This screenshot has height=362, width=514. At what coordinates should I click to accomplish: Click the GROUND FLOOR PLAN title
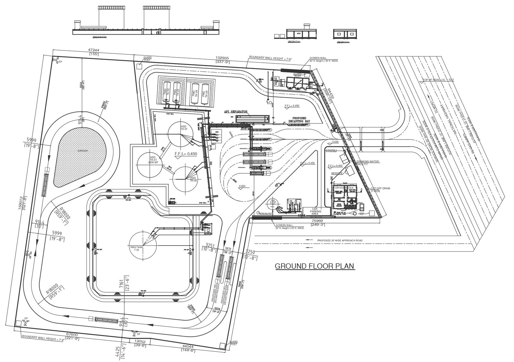(x=315, y=266)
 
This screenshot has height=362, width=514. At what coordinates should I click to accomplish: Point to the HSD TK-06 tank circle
(x=187, y=179)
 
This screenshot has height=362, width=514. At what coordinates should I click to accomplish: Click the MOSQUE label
(x=337, y=173)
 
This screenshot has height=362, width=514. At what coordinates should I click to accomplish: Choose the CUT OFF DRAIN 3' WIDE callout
(x=380, y=190)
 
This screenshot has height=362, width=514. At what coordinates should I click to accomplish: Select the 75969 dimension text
(x=317, y=221)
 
